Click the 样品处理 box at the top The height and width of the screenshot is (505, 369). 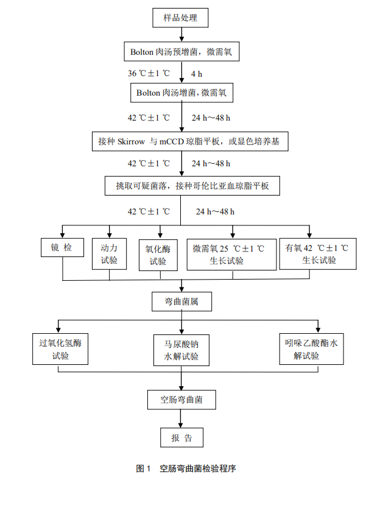click(180, 18)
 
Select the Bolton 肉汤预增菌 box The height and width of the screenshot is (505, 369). click(181, 52)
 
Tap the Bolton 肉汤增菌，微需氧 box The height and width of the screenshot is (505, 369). click(181, 93)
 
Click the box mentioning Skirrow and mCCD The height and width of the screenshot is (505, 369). click(189, 142)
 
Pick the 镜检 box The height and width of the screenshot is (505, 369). click(62, 247)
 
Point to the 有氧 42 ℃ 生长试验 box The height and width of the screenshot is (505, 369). click(317, 253)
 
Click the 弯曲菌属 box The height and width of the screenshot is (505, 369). click(181, 301)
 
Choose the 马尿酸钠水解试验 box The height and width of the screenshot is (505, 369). click(181, 349)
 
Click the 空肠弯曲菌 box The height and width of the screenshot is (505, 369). click(181, 400)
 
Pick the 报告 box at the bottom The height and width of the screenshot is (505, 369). click(181, 438)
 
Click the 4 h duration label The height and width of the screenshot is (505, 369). click(197, 74)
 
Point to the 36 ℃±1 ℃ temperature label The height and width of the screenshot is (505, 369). click(149, 74)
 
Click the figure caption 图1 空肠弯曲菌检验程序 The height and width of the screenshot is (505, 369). click(185, 469)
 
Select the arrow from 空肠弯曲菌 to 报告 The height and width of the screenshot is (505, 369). click(181, 418)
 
